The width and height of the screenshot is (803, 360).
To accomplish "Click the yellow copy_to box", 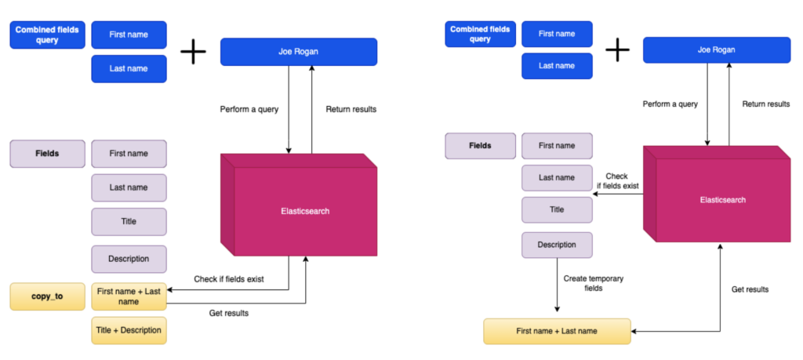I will (x=47, y=296).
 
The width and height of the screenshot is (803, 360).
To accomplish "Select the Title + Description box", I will (x=129, y=330).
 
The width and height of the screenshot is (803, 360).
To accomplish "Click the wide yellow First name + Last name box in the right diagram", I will (x=557, y=331).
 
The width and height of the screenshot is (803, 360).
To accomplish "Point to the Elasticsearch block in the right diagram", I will (x=722, y=200).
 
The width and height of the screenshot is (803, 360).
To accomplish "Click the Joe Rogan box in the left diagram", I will (x=299, y=52).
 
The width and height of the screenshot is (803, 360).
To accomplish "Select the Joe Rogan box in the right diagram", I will (x=716, y=50).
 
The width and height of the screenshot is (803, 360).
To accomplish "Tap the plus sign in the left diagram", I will (x=193, y=53).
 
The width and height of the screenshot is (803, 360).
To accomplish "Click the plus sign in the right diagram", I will (x=617, y=51).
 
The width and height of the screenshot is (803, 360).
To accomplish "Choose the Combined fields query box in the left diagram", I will (x=47, y=35).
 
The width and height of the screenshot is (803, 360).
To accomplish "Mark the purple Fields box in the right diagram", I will (x=480, y=146).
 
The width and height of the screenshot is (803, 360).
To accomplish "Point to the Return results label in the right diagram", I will (x=766, y=104).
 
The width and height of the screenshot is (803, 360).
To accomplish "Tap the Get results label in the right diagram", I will (x=750, y=289).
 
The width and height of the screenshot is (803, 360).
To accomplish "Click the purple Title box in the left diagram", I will (x=129, y=221).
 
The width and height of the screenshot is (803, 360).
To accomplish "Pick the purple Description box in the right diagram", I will (x=557, y=245).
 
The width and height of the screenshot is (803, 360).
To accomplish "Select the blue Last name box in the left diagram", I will (x=129, y=69).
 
